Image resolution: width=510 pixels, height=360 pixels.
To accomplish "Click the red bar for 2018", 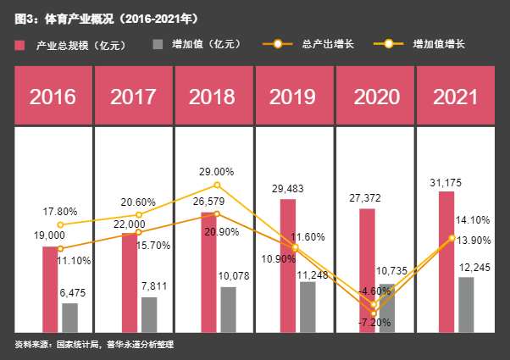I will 209,273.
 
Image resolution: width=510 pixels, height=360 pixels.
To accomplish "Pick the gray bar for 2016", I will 69,317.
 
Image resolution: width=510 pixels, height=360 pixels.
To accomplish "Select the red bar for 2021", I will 446,261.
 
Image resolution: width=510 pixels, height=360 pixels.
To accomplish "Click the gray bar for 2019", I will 308,306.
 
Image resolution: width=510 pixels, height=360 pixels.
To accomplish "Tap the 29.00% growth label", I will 217,172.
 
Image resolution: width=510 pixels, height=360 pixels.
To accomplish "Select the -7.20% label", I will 371,323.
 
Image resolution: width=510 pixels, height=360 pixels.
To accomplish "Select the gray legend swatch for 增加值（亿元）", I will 158,44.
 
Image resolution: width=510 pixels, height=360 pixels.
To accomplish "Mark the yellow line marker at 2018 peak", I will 217,185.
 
